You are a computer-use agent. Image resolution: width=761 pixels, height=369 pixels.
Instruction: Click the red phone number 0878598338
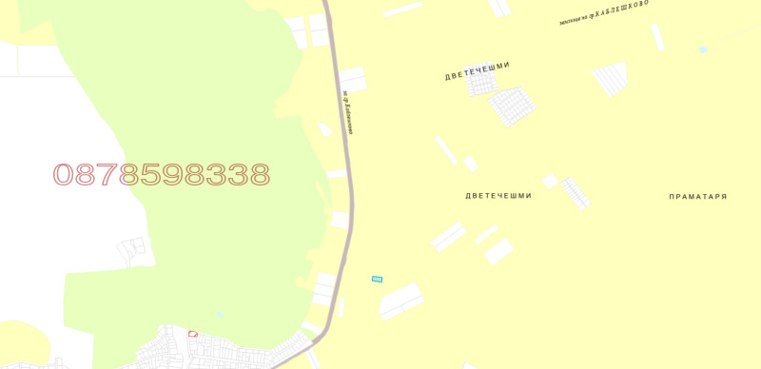[x=162, y=175]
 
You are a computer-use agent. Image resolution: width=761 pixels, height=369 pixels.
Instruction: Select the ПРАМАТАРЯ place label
[x=697, y=197]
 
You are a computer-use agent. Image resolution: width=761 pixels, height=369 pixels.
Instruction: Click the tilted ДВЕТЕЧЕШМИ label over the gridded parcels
[x=478, y=71]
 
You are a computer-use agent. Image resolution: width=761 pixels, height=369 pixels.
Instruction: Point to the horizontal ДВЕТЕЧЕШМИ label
[x=498, y=196]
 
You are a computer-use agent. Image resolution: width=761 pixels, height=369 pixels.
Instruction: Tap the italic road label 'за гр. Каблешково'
[x=348, y=112]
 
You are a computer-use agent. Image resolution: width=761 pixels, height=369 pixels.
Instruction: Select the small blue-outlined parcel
[x=377, y=279]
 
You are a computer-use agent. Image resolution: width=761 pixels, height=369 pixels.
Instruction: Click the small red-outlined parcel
[x=193, y=334]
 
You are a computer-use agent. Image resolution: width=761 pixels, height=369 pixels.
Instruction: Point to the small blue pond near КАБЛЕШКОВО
[x=703, y=49]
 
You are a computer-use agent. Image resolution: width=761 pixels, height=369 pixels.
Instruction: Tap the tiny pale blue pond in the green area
[x=221, y=314]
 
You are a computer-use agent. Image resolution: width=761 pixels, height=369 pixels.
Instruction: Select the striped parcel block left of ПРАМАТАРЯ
[x=576, y=192]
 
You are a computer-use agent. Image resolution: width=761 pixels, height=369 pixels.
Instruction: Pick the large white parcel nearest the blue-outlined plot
[x=401, y=300]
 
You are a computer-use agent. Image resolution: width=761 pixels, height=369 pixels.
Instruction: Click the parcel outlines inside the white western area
[x=133, y=252]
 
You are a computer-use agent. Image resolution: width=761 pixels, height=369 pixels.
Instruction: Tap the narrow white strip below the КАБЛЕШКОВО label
[x=656, y=37]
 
